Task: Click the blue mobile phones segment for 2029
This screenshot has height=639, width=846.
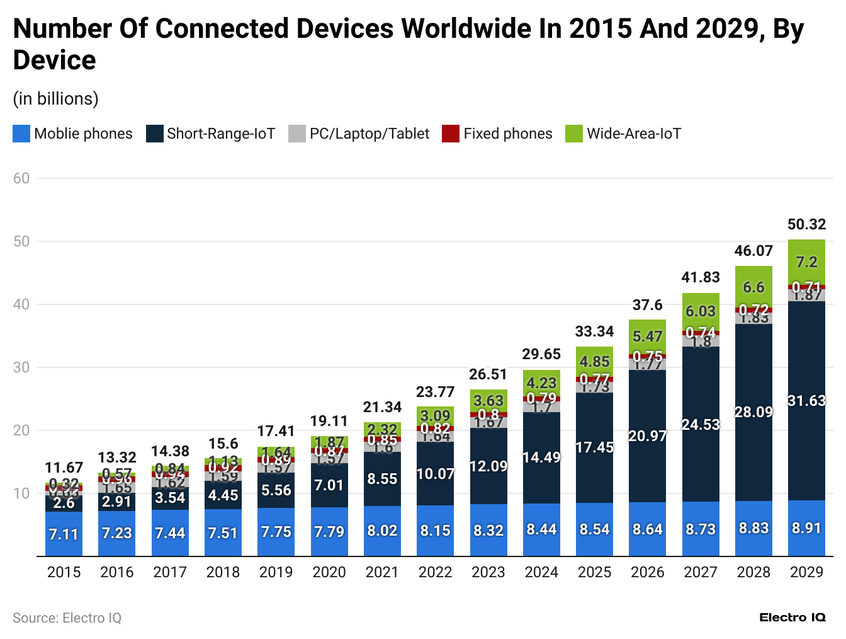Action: click(806, 528)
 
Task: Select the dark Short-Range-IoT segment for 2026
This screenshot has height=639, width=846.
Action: click(647, 436)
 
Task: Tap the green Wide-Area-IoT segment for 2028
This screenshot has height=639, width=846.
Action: click(753, 287)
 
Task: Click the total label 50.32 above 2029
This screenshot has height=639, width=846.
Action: click(806, 224)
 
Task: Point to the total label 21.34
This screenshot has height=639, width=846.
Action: click(382, 407)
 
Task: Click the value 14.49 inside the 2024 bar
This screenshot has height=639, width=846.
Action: click(541, 458)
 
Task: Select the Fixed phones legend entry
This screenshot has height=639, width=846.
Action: click(497, 134)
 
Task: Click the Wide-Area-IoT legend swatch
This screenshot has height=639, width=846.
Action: click(573, 134)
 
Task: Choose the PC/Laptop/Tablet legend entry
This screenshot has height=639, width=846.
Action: click(359, 134)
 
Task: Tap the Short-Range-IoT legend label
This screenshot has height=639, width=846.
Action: click(221, 134)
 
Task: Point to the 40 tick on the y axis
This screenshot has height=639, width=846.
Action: click(21, 304)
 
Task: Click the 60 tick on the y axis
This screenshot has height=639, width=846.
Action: click(21, 178)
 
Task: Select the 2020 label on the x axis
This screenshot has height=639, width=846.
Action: click(329, 572)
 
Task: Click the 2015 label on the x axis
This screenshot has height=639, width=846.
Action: click(64, 572)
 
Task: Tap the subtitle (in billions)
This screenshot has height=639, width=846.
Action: click(55, 99)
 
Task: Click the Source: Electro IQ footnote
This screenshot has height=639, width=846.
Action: click(67, 618)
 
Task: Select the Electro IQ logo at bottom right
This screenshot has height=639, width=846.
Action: click(792, 618)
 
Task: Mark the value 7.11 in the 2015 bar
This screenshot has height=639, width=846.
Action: click(64, 534)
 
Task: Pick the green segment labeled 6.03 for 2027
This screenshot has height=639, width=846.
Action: click(701, 311)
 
